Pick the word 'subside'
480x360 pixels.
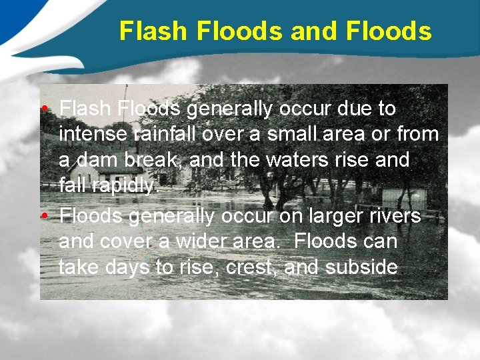click(x=362, y=268)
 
